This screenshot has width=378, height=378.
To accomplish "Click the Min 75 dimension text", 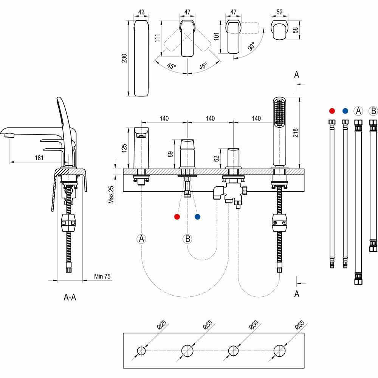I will click(102, 276).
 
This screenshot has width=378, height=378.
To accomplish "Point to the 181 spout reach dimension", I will click(39, 158).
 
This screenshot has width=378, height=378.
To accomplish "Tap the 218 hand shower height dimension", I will click(295, 132).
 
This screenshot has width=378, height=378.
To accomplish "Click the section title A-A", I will click(70, 297).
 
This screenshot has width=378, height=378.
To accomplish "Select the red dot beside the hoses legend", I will click(332, 111).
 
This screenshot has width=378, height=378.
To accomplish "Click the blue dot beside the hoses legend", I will click(345, 111).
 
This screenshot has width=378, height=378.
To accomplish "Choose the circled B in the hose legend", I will click(373, 111).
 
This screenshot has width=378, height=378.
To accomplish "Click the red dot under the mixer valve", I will click(177, 217).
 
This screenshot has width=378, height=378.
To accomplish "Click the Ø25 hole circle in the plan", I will click(141, 350).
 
